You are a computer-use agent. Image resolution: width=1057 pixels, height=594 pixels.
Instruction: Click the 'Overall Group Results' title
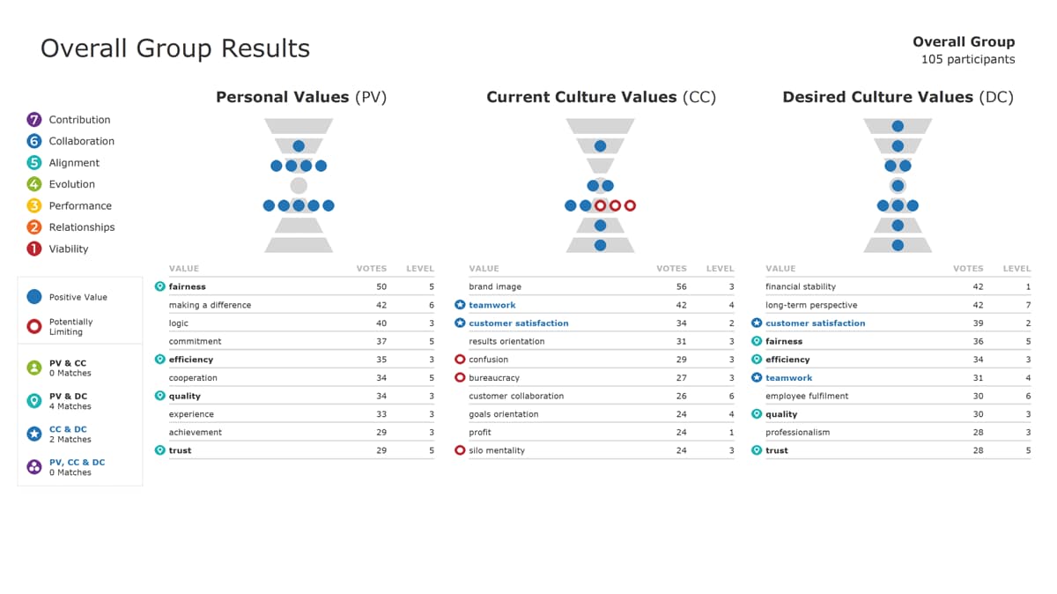(175, 48)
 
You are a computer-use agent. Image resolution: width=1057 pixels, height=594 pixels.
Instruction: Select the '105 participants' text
(967, 60)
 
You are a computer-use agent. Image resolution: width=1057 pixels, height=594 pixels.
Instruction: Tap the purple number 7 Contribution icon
(34, 120)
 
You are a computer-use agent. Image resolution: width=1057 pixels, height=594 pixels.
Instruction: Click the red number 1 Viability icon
(34, 249)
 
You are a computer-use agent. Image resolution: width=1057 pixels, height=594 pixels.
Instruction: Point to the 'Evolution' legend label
(71, 184)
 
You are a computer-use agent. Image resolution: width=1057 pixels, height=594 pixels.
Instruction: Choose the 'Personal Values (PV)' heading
(301, 97)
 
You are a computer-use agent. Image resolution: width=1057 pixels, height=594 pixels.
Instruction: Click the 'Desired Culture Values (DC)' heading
(898, 97)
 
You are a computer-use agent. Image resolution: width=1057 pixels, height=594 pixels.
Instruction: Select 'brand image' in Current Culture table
(495, 286)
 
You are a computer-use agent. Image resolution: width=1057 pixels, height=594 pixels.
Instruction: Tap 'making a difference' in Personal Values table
(210, 305)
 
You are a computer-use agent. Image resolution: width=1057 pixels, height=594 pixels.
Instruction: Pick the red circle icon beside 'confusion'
(460, 360)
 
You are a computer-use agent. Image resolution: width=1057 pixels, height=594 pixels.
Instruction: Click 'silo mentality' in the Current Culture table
(496, 450)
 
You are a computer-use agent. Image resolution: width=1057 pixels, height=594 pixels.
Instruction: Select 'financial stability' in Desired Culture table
(801, 286)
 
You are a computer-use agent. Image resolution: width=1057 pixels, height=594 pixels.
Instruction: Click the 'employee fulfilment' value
(807, 396)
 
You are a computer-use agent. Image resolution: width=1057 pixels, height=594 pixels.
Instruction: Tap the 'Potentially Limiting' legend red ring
(34, 326)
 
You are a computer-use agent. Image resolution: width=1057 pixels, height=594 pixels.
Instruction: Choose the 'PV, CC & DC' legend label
(77, 462)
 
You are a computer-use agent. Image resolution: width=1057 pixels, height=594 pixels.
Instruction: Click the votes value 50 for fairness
(381, 286)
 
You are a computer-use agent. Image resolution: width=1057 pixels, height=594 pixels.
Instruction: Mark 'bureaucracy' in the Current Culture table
(494, 378)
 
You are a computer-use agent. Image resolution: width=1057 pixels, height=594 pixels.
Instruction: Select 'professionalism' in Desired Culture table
(797, 432)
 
